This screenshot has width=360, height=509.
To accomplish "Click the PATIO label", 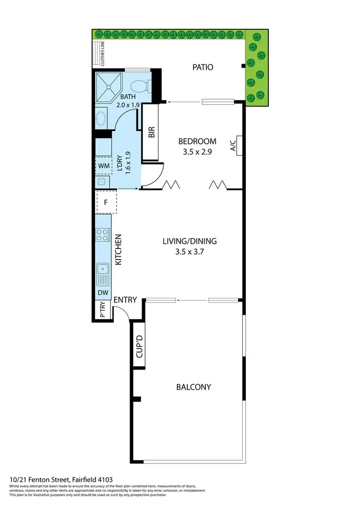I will pyautogui.click(x=203, y=67).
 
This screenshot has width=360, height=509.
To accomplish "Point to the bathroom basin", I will pyautogui.click(x=101, y=118).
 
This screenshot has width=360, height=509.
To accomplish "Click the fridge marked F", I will pyautogui.click(x=107, y=202).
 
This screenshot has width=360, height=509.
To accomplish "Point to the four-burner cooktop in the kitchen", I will pyautogui.click(x=102, y=235).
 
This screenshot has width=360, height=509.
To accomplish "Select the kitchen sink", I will pyautogui.click(x=102, y=274).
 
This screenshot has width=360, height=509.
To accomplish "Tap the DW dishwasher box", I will pyautogui.click(x=103, y=293).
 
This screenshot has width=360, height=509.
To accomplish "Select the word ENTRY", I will pyautogui.click(x=125, y=300).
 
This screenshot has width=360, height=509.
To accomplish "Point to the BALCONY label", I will pyautogui.click(x=193, y=387).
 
